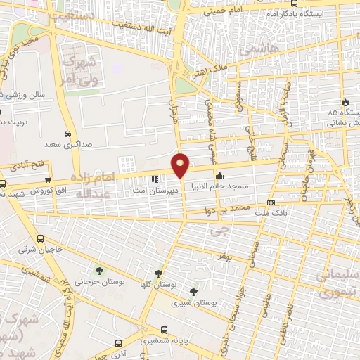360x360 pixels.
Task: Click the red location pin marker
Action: point(181,165)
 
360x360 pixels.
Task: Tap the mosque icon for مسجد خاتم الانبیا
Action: point(220,175)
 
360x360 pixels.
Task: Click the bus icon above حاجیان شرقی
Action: point(41,238)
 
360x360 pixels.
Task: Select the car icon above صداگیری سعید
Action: point(67,134)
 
